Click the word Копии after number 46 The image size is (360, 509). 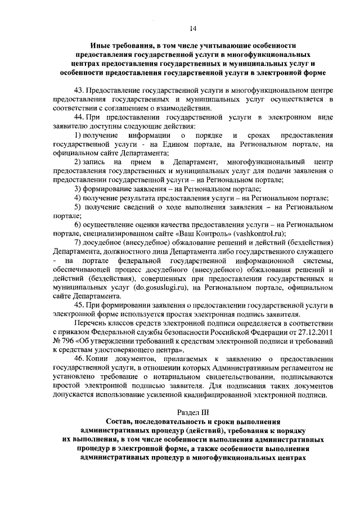click(x=102, y=358)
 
